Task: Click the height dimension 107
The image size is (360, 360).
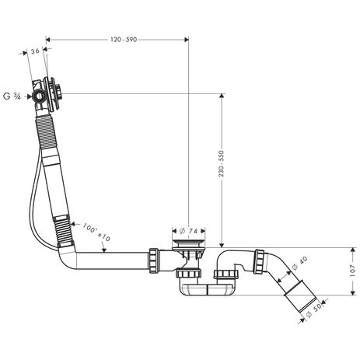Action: click(x=351, y=271)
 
